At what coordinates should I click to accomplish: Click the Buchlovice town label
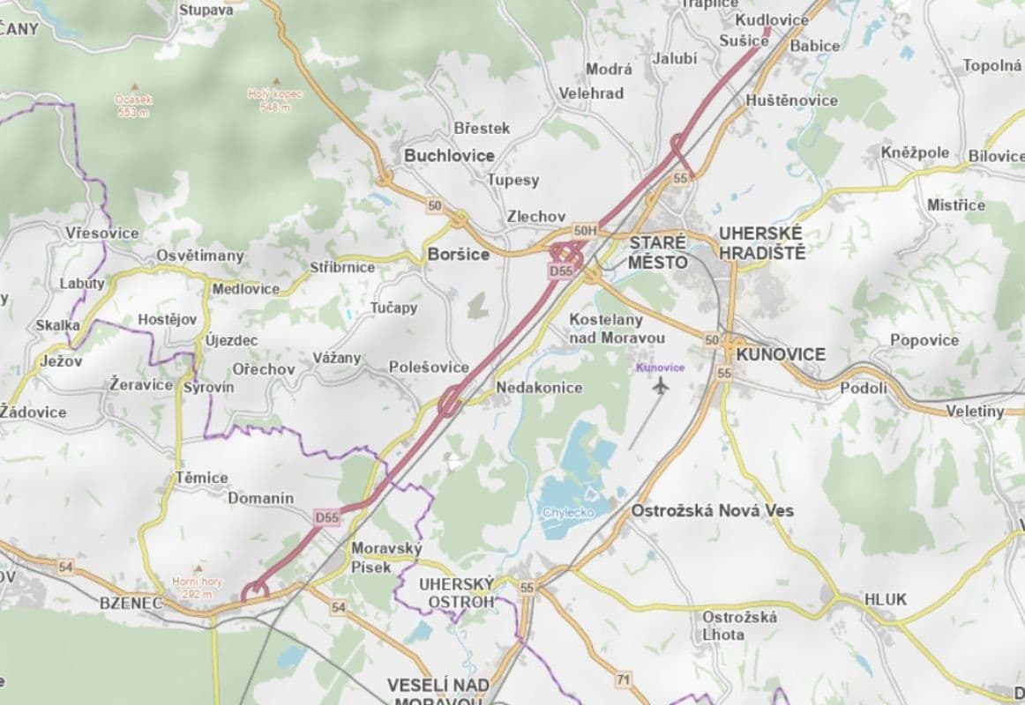point(449,156)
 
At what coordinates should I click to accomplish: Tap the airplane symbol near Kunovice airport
point(661,384)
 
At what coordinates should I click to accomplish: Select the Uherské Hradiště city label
point(761,242)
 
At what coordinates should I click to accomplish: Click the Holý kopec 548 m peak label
point(274,100)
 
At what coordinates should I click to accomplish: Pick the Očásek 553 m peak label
point(133,106)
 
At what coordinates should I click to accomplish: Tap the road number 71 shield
point(624,679)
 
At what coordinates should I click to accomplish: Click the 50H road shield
point(585,231)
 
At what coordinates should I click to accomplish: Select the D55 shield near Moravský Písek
point(326,518)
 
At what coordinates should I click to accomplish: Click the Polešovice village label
point(429,367)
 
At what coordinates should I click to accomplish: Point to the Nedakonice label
point(539,388)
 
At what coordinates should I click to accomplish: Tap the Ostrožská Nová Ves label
point(712,510)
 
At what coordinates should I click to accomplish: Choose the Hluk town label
point(885,599)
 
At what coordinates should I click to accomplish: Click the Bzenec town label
point(131,604)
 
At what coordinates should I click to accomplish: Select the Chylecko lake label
point(568,512)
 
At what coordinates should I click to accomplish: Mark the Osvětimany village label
point(198,256)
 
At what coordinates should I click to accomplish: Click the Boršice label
point(458,255)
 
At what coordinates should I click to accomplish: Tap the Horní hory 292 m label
point(198,587)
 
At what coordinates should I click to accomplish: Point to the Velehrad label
point(591,93)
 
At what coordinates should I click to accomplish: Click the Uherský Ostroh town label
point(456,592)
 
